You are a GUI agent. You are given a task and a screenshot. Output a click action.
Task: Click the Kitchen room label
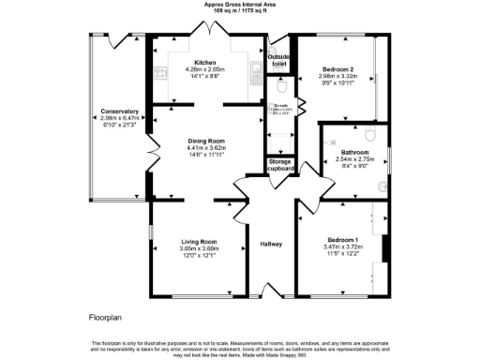click(205, 62)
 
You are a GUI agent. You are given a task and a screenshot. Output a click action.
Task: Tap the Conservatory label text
click(119, 112)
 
